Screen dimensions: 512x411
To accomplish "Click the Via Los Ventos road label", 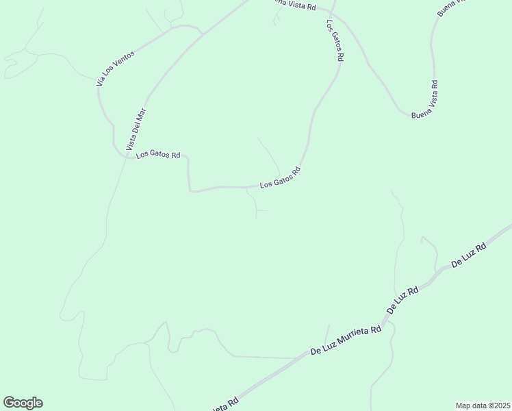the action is (x=116, y=67).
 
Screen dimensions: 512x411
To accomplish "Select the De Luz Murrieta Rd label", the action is (x=346, y=340).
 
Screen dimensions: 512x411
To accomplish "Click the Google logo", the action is (x=23, y=403).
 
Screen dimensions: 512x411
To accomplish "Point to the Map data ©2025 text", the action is (x=483, y=405).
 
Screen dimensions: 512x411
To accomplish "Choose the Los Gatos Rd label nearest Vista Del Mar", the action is (x=157, y=155).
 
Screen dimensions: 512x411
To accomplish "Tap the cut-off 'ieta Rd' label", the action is (x=223, y=404).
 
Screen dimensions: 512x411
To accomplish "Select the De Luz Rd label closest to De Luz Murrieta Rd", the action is (x=402, y=300).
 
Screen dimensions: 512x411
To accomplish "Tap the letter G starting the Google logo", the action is (x=9, y=403).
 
